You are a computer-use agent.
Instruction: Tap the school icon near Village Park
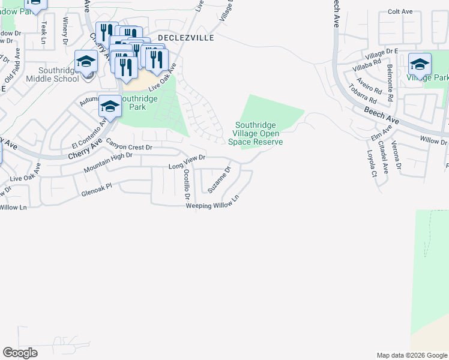pyautogui.click(x=420, y=64)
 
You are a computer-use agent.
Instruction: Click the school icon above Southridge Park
pyautogui.click(x=110, y=107)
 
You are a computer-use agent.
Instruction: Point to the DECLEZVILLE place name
pyautogui.click(x=186, y=37)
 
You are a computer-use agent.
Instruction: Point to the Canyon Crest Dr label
pyautogui.click(x=130, y=144)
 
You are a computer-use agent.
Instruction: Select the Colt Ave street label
pyautogui.click(x=400, y=11)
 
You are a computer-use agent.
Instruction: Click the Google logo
pyautogui.click(x=20, y=353)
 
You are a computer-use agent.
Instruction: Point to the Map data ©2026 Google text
pyautogui.click(x=411, y=355)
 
